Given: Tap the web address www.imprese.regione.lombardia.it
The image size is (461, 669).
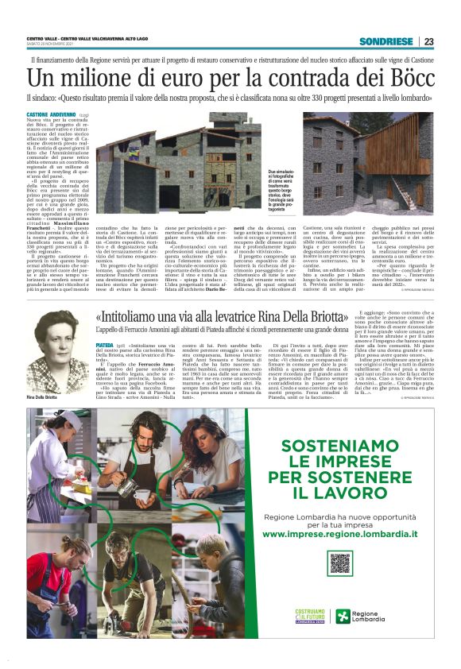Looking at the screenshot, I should [x=340, y=535].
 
